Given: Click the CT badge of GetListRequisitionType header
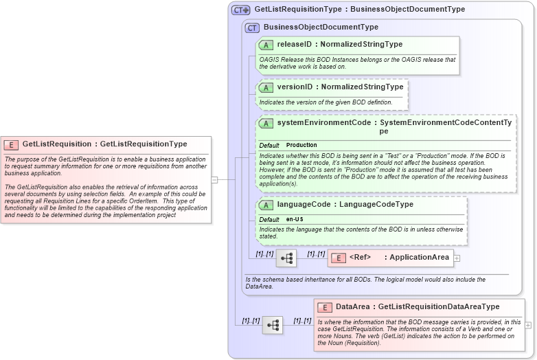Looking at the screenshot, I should coord(240,10).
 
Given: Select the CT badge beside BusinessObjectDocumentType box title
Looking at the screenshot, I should coord(252,27).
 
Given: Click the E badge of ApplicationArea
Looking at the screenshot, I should coord(339,258).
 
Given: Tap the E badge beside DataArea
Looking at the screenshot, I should coord(325,307).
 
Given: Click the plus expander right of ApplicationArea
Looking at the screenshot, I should coord(457,258).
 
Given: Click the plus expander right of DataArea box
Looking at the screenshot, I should coord(528,325).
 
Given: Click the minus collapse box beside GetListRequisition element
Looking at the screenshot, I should coord(214,180).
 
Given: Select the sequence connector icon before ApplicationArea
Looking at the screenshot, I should coord(286,258).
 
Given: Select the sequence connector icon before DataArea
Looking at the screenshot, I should coord(273,325).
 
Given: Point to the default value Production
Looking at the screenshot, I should coord(301,145).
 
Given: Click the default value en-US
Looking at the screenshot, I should coord(295,219).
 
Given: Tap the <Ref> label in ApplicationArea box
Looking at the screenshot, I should coord(360,258).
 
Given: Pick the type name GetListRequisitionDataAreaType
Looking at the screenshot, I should coord(439,307).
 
